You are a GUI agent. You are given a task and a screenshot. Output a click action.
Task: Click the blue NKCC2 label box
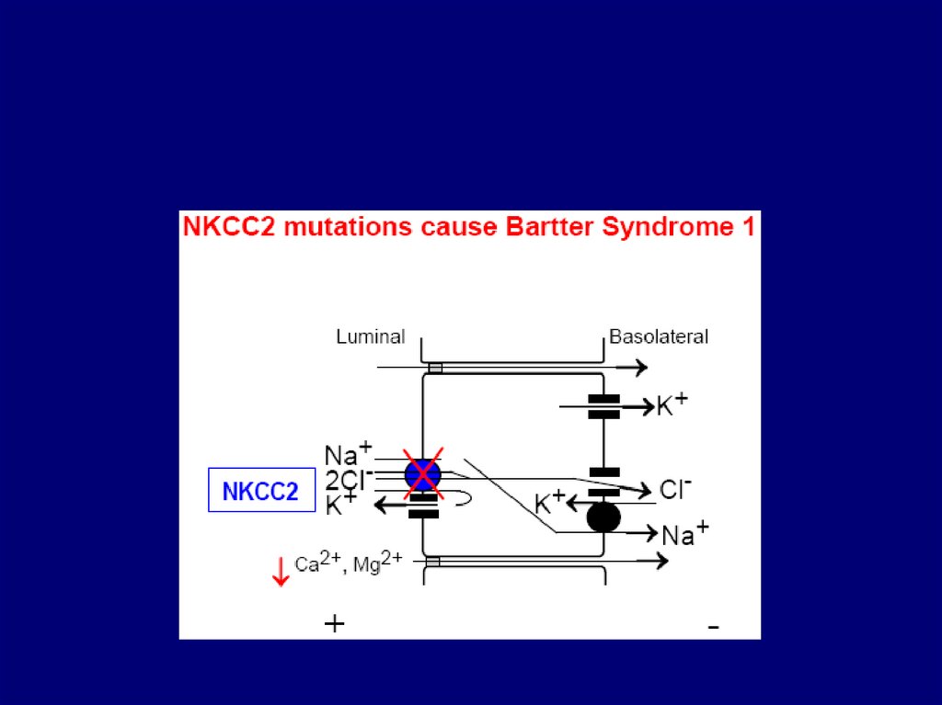click(x=260, y=491)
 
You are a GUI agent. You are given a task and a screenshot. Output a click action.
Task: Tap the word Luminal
click(x=370, y=336)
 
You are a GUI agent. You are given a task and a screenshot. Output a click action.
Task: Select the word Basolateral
click(x=659, y=336)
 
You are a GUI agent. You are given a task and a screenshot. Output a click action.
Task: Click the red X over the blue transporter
click(x=422, y=475)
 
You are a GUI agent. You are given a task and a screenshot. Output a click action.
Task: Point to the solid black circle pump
click(x=603, y=517)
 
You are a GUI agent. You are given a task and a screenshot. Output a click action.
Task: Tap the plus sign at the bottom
click(x=334, y=624)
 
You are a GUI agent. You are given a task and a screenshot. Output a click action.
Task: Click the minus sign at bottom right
click(x=713, y=628)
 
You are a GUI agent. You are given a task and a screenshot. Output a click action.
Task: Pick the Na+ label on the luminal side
click(x=348, y=453)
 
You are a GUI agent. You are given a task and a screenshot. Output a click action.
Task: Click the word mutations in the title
click(x=346, y=227)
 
